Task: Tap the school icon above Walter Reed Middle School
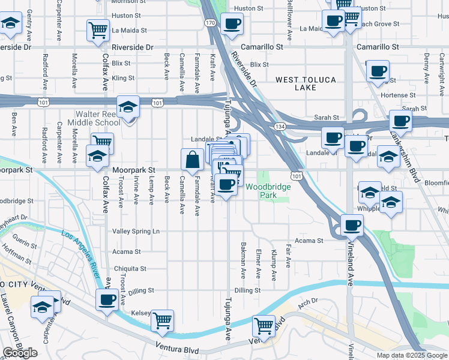point(128,107)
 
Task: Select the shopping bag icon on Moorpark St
point(192,160)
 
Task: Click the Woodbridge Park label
point(268,191)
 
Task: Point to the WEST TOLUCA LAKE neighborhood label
point(304,83)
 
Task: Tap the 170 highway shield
point(209,23)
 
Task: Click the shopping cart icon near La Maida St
point(98,30)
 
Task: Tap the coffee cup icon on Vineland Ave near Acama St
point(352,226)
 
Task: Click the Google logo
point(20,353)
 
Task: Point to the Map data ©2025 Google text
point(412,355)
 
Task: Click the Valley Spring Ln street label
point(136,231)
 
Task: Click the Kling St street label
point(122,78)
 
